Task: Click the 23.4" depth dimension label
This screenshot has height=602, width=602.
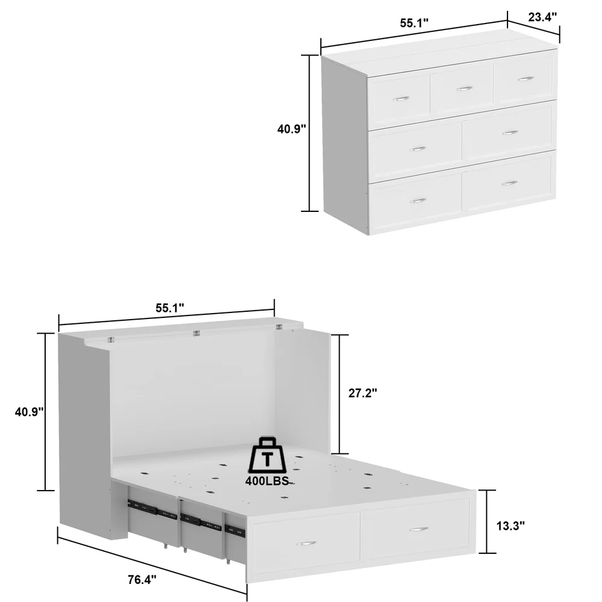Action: coord(542,17)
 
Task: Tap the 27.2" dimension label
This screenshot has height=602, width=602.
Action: coord(363,393)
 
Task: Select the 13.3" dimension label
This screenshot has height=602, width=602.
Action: coord(510,526)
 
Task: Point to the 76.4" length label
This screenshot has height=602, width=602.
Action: coord(142,579)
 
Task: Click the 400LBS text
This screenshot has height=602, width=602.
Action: coord(268,480)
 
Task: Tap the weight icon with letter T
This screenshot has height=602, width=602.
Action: coord(268,455)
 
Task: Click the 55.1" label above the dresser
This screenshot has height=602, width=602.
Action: coord(414,23)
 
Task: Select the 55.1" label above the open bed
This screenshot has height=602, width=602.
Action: coord(170,308)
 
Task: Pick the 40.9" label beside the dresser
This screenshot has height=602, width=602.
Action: coord(292,129)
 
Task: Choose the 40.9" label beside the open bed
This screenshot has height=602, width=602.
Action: coord(29,412)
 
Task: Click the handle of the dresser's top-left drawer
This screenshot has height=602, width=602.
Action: coord(402,99)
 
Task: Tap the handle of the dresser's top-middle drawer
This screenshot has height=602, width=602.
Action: coord(465,88)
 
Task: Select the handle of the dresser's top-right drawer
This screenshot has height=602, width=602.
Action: coord(526,79)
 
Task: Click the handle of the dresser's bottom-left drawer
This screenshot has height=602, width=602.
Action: coord(418,200)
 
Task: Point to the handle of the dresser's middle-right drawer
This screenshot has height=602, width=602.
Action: coord(510,133)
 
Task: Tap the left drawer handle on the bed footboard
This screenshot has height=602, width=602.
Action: coord(306,543)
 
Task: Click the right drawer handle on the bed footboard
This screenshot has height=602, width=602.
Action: coord(419,529)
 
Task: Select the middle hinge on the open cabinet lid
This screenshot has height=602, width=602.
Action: coord(197,334)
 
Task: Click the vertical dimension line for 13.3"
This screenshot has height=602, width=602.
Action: coord(487,521)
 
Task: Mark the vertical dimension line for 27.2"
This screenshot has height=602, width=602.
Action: coord(340,394)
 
